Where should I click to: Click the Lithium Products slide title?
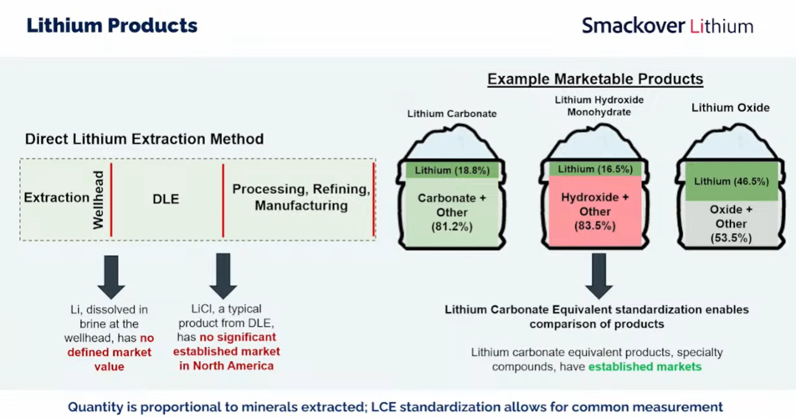[x=111, y=25]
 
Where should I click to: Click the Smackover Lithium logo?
[x=667, y=26]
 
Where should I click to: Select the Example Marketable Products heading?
[x=595, y=79]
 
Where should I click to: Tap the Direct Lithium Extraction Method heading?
[x=144, y=139]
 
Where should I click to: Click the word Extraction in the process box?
[x=56, y=198]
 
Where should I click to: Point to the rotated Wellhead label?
[x=98, y=199]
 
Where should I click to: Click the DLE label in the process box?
[x=166, y=199]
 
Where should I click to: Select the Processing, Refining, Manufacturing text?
[x=300, y=197]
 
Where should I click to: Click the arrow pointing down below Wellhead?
[x=110, y=277]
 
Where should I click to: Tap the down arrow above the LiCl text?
[x=223, y=277]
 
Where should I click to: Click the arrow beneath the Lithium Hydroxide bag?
[x=598, y=277]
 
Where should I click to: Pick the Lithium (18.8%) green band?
[x=453, y=171]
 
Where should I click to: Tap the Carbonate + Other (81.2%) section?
[x=453, y=212]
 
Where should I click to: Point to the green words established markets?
[x=645, y=366]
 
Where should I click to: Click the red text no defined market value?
[x=110, y=352]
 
